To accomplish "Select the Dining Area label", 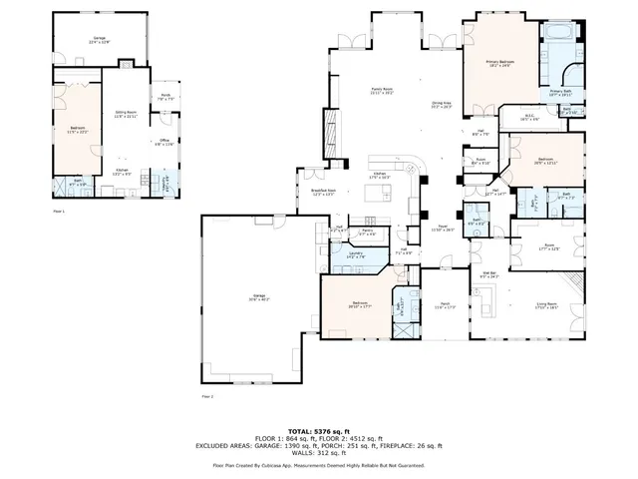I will (442, 103).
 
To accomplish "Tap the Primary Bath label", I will (560, 92).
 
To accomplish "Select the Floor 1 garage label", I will (97, 39).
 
